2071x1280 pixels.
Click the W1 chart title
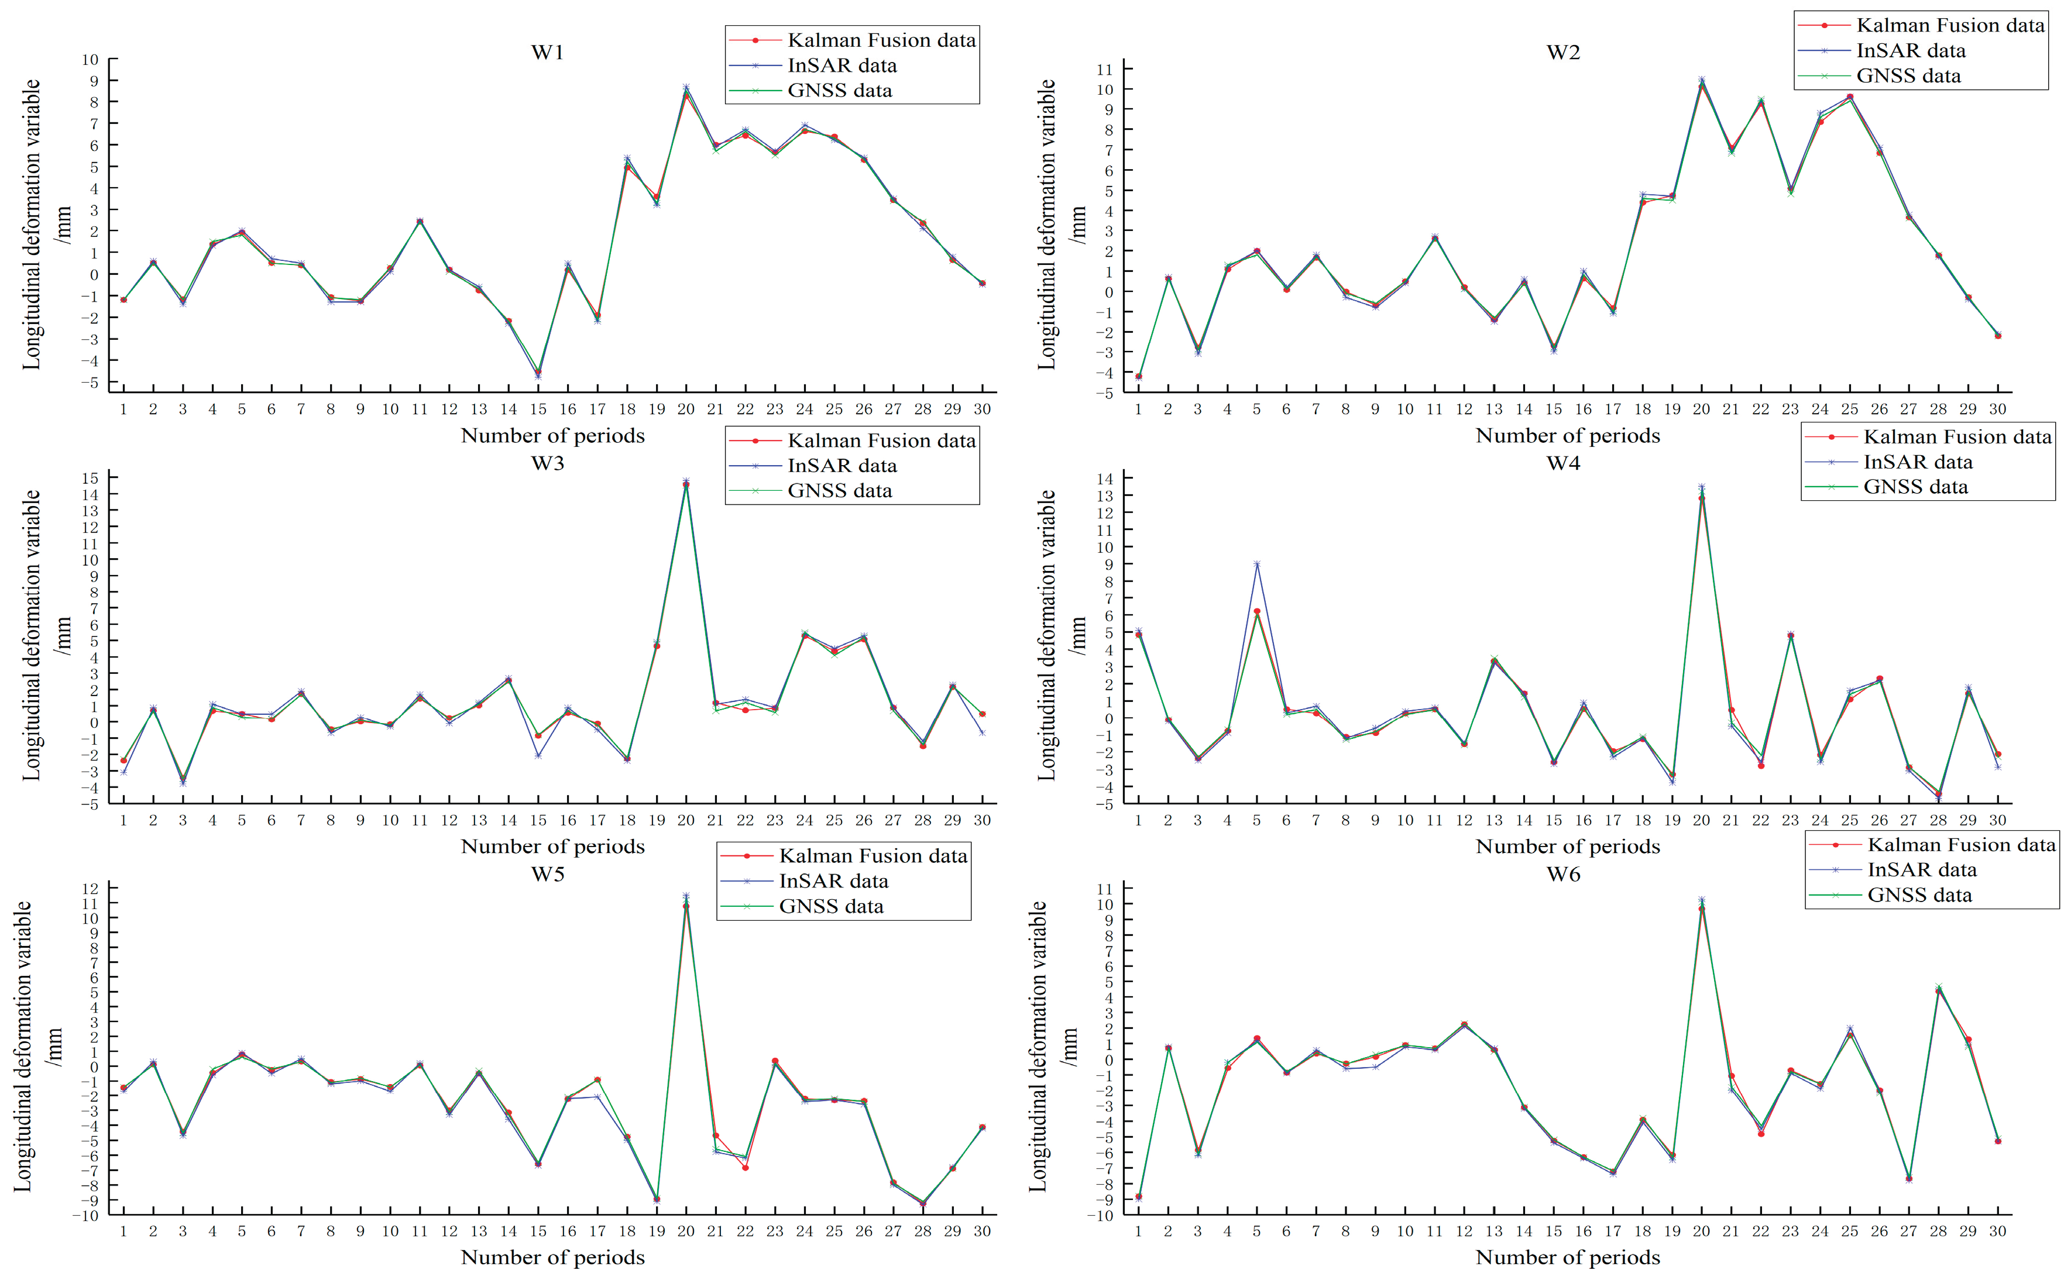click(x=547, y=53)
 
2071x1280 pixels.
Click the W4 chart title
click(x=1563, y=463)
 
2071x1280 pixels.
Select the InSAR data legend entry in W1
click(x=841, y=65)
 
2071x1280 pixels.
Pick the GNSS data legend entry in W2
click(x=1908, y=76)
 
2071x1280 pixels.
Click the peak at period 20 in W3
click(x=686, y=483)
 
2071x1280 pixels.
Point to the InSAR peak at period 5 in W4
click(x=1256, y=564)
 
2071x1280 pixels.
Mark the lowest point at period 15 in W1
click(x=538, y=375)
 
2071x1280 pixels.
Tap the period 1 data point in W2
click(x=1138, y=377)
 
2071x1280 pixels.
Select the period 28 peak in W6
click(x=1938, y=988)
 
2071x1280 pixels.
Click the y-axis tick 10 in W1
click(x=90, y=60)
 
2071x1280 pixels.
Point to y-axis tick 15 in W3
click(x=90, y=479)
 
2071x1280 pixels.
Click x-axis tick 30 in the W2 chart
click(x=1997, y=410)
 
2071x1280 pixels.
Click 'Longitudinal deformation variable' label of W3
click(x=32, y=635)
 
